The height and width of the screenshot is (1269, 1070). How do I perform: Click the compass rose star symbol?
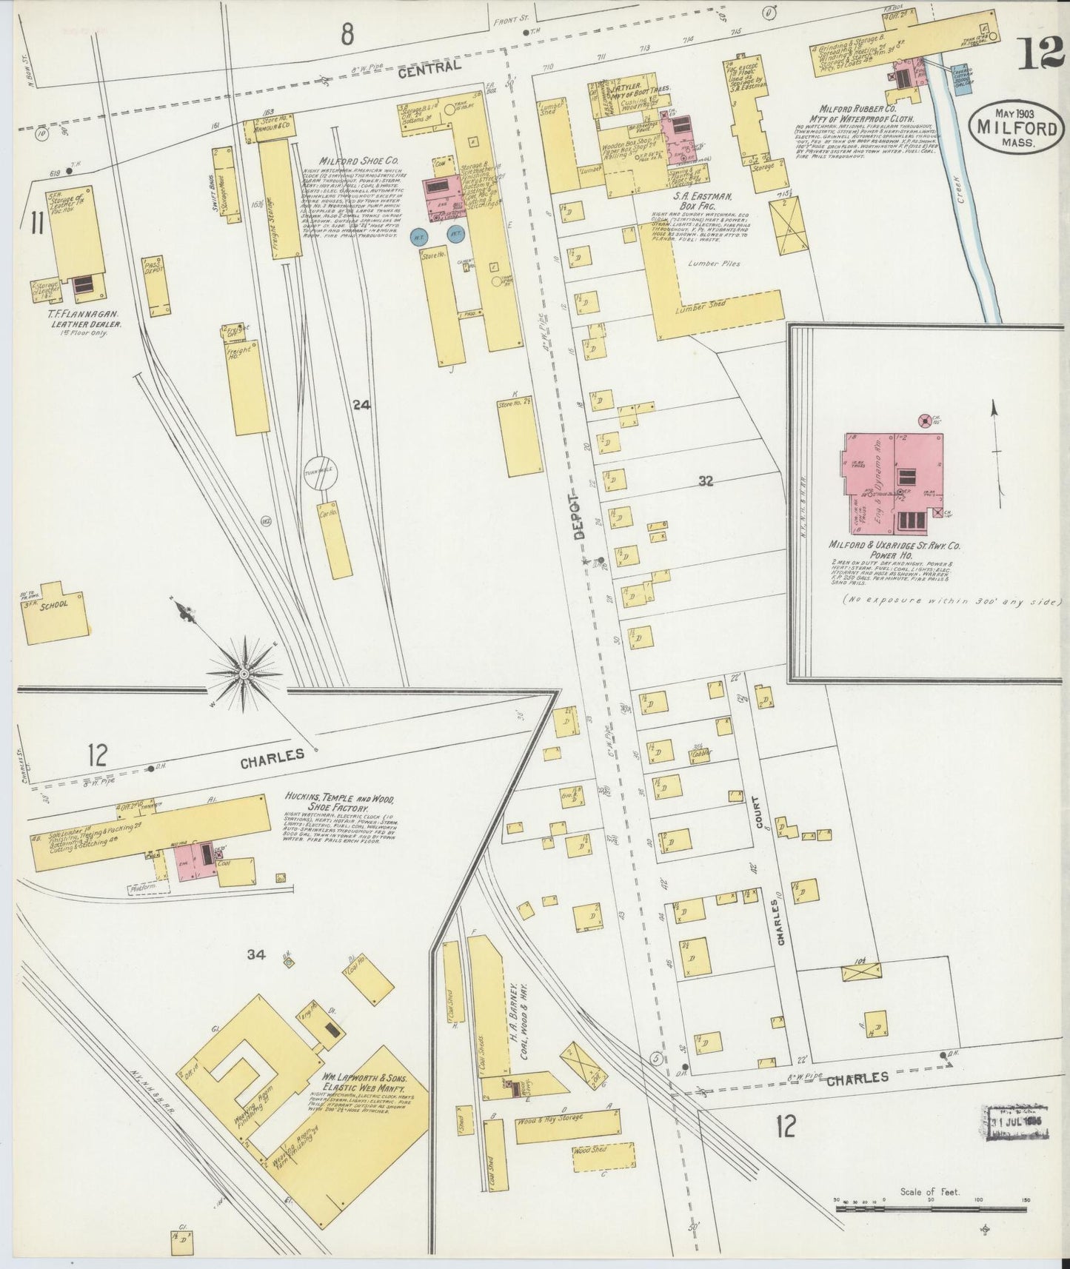[x=244, y=673]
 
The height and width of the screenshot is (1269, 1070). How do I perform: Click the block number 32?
[x=705, y=481]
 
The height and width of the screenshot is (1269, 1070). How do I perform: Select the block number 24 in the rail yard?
[x=361, y=404]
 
